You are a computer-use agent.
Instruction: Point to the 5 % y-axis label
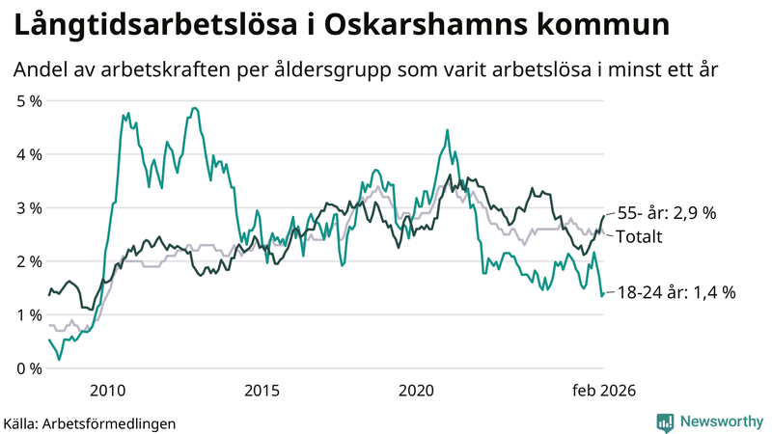click(x=29, y=100)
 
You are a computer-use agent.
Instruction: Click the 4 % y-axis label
click(x=29, y=154)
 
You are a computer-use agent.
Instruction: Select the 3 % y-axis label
click(x=29, y=207)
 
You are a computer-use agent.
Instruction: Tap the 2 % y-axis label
click(x=29, y=261)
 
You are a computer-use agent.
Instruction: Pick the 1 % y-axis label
click(x=29, y=315)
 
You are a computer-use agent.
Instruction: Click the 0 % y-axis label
click(x=29, y=368)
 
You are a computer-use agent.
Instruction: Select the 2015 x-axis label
click(x=262, y=390)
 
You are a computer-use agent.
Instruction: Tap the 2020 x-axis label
click(x=416, y=390)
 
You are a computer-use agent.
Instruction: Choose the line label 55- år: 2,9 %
click(x=667, y=213)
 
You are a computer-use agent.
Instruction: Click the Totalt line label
click(x=639, y=236)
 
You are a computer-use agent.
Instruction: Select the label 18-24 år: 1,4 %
click(x=675, y=291)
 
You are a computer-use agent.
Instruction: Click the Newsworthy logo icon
click(x=665, y=421)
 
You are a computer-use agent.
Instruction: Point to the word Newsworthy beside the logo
click(x=719, y=421)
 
